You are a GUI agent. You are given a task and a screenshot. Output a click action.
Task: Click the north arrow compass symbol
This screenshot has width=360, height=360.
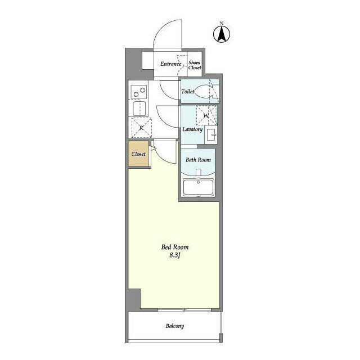click(222, 34)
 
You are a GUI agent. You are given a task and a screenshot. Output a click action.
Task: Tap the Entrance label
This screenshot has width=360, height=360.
click(171, 64)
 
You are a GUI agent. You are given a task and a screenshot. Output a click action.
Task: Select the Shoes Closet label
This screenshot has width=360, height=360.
click(195, 65)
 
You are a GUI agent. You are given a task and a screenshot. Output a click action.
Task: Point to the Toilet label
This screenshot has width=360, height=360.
click(187, 91)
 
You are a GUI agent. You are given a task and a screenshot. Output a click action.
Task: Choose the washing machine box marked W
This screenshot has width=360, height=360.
click(206, 115)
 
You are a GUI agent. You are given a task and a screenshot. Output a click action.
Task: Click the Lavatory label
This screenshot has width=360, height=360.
click(192, 129)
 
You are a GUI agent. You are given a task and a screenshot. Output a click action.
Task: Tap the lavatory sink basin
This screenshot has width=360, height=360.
click(211, 134)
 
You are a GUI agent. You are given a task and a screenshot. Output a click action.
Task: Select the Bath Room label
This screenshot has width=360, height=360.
click(198, 160)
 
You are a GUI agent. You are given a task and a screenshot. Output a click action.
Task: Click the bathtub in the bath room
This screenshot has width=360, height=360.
click(199, 187)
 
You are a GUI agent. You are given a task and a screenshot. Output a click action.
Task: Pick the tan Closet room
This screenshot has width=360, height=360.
click(139, 154)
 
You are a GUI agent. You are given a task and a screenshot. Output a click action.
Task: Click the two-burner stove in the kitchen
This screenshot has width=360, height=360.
click(139, 92)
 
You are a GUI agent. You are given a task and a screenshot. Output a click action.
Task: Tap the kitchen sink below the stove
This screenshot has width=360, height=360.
click(139, 109)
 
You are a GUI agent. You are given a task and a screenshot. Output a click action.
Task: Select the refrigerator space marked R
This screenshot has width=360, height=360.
click(141, 128)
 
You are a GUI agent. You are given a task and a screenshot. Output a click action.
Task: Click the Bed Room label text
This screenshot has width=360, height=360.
click(175, 247)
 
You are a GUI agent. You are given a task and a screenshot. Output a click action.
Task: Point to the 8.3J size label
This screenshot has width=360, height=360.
click(174, 255)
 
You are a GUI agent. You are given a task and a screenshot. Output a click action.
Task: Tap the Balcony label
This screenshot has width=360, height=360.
click(175, 326)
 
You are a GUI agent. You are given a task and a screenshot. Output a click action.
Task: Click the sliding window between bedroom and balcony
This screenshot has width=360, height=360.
click(184, 310)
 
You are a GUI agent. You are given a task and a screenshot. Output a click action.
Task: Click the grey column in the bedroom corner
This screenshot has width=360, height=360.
click(134, 299)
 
